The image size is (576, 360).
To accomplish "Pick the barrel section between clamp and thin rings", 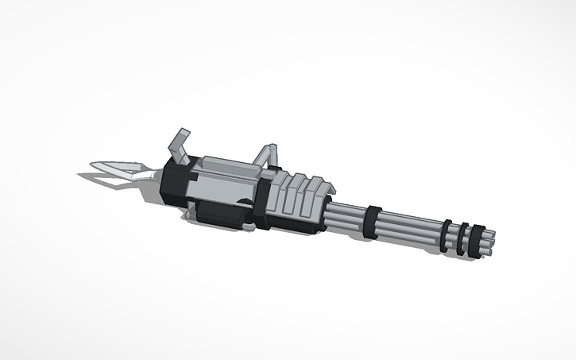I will click(x=409, y=228).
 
